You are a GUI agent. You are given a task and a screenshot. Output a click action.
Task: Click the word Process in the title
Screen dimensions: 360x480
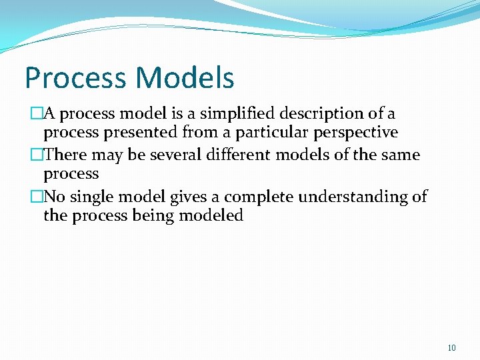73,78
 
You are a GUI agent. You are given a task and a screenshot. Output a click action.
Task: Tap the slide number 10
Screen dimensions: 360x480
451,348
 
